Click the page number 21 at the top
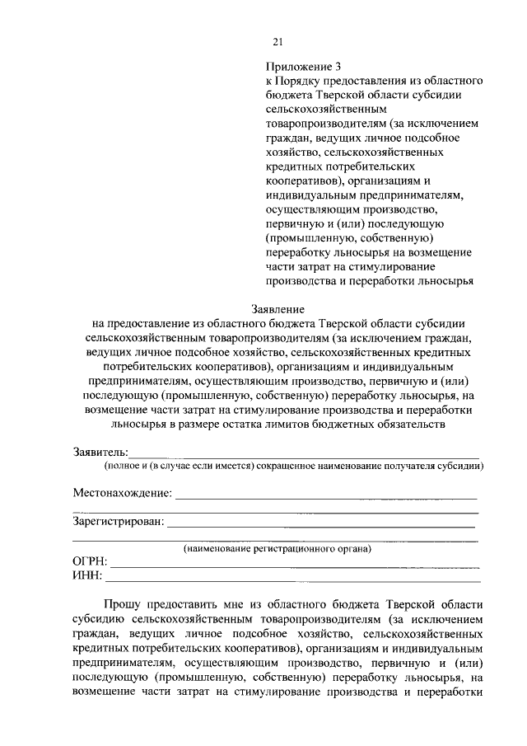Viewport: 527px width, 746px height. [x=277, y=43]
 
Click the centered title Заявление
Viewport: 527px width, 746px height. [x=276, y=308]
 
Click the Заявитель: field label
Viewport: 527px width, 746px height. [x=100, y=452]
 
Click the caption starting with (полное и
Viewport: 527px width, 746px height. [x=292, y=466]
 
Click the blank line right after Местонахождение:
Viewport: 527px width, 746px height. [x=325, y=497]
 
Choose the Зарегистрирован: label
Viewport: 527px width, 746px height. [x=119, y=521]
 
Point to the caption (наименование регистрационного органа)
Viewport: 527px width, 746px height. [x=277, y=548]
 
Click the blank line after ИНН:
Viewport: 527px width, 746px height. [x=292, y=579]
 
